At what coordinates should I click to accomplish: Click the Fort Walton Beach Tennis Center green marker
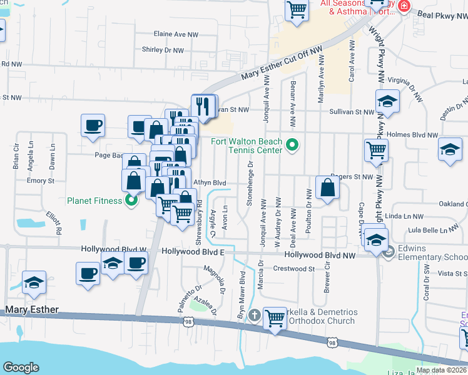point(291,146)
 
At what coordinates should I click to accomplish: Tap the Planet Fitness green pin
point(131,201)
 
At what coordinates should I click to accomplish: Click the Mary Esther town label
point(31,310)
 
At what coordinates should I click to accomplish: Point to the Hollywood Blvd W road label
point(113,249)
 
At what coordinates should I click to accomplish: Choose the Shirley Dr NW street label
point(163,50)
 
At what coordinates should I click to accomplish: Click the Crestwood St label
point(293,269)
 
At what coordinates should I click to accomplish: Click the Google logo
point(21,367)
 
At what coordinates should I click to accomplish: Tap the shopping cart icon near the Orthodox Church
point(275,317)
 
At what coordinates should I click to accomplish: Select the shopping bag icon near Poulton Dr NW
point(327,186)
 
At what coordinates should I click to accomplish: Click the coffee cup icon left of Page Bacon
point(93,125)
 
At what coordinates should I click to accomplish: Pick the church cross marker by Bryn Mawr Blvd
point(253,314)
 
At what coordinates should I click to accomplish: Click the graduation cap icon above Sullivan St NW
point(387,101)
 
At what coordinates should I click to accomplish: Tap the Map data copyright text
point(440,370)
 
